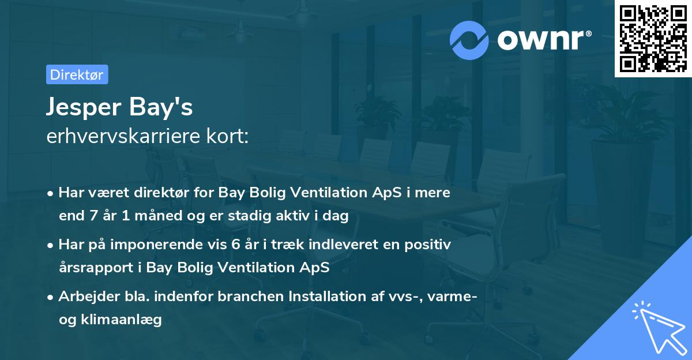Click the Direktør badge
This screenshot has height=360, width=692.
[77, 74]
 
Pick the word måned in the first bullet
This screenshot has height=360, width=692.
[141, 216]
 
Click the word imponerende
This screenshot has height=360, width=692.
[163, 245]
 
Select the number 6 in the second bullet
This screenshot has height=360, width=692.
[235, 245]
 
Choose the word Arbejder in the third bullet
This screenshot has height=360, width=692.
[84, 297]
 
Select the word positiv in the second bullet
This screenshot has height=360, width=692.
[431, 245]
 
